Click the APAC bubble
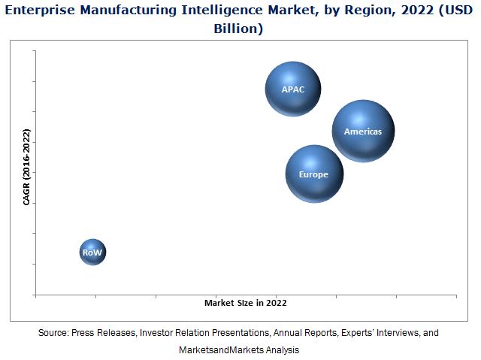coord(293,89)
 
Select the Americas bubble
coord(363,132)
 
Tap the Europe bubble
coord(314,174)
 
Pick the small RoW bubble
coord(92,252)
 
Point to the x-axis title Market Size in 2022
coord(245,303)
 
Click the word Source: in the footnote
coord(53,332)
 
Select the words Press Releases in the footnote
coord(107,332)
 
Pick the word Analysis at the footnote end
coord(282,350)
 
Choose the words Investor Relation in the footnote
coord(182,332)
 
